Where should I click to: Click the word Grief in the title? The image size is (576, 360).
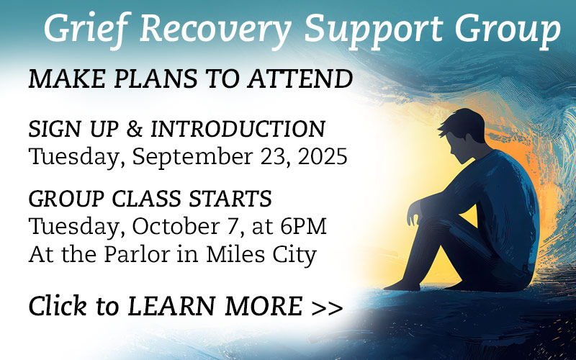[86, 29]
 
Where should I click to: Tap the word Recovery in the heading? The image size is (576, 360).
[215, 30]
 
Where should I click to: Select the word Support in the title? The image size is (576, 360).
[374, 30]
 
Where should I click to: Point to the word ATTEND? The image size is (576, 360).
[300, 78]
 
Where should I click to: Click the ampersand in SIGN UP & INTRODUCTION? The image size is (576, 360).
[134, 129]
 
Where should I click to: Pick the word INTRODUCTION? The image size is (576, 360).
[238, 129]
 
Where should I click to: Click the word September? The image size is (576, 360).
[192, 156]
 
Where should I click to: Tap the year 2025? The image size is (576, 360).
[323, 156]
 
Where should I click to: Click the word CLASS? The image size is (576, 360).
[146, 199]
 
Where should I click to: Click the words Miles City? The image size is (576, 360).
[261, 255]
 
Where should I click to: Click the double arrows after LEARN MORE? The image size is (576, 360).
[327, 307]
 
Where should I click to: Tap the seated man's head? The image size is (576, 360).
[462, 135]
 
